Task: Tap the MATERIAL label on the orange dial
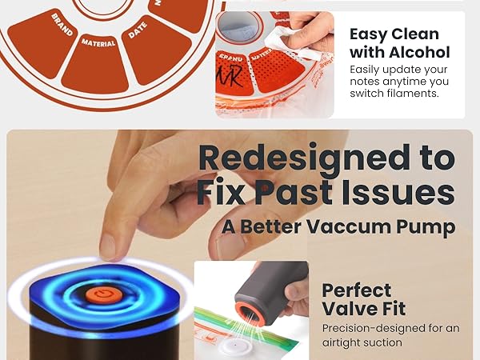click(99, 40)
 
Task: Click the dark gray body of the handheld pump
click(272, 280)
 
